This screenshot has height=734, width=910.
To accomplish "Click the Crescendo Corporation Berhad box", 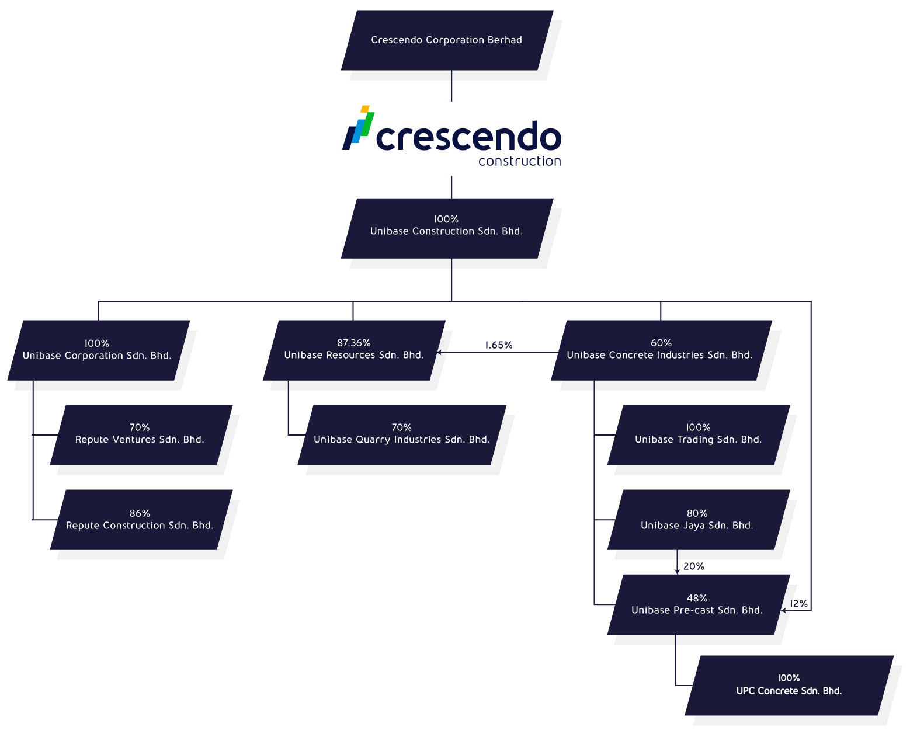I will tap(447, 40).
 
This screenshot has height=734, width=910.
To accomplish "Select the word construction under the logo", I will tap(519, 161).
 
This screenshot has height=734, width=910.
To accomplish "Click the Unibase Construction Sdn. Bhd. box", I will tap(447, 228).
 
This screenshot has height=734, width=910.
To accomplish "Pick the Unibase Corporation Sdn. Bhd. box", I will tap(98, 350).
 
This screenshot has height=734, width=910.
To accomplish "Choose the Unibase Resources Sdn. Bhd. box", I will tap(354, 350).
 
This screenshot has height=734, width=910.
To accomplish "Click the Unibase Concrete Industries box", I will tap(660, 350).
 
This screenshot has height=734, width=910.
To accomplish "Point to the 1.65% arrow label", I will tap(499, 345).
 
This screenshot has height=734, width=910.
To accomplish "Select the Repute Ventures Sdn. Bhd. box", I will tap(140, 435).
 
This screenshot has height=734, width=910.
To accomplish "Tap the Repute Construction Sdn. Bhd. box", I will tap(140, 520).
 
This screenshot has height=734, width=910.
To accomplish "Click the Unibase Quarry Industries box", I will tap(402, 435).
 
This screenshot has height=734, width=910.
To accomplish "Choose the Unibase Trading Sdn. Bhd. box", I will tap(699, 435).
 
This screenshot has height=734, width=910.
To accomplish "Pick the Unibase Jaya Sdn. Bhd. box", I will tap(697, 520).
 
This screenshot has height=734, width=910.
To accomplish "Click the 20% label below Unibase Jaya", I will tap(694, 566).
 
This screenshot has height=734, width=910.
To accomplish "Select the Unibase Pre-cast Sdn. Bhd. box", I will tap(697, 605).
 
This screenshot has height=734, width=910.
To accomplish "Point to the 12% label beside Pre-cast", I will tap(798, 604).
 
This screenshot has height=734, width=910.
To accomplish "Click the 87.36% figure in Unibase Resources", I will tap(354, 343).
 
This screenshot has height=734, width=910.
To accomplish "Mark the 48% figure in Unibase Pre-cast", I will tap(697, 598).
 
